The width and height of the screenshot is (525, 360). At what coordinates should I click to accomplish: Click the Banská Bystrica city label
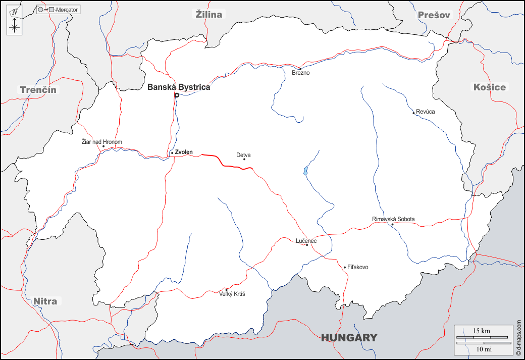(x=179, y=87)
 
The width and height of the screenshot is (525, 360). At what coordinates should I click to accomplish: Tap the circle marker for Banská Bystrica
(x=177, y=95)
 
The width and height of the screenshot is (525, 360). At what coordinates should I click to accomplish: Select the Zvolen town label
(x=184, y=152)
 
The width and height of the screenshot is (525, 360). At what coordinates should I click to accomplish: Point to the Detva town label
(x=243, y=155)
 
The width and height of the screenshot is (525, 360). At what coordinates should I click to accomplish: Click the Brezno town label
(x=301, y=73)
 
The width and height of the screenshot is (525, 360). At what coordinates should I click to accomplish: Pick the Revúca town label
(x=425, y=112)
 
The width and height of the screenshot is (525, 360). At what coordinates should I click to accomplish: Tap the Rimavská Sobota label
(x=393, y=219)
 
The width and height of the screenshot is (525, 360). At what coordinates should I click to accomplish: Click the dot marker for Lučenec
(x=307, y=245)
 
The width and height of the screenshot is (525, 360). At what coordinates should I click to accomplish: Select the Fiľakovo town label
(x=358, y=267)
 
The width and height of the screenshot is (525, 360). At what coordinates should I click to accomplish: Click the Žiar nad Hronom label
(x=102, y=142)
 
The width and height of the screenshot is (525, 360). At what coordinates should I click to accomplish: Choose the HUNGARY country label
(x=349, y=338)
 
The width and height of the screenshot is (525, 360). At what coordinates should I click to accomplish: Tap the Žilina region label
(x=209, y=15)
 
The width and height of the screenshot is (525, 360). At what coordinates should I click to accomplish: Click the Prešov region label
(x=434, y=15)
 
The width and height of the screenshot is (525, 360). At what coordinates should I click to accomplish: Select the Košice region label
(x=489, y=87)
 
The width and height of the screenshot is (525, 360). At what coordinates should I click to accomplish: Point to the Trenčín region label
(x=38, y=90)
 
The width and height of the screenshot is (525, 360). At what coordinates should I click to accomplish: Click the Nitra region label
(x=45, y=301)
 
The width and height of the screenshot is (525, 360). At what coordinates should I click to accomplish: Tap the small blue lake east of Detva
(x=305, y=171)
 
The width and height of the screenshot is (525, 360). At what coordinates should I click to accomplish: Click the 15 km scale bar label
(x=481, y=331)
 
